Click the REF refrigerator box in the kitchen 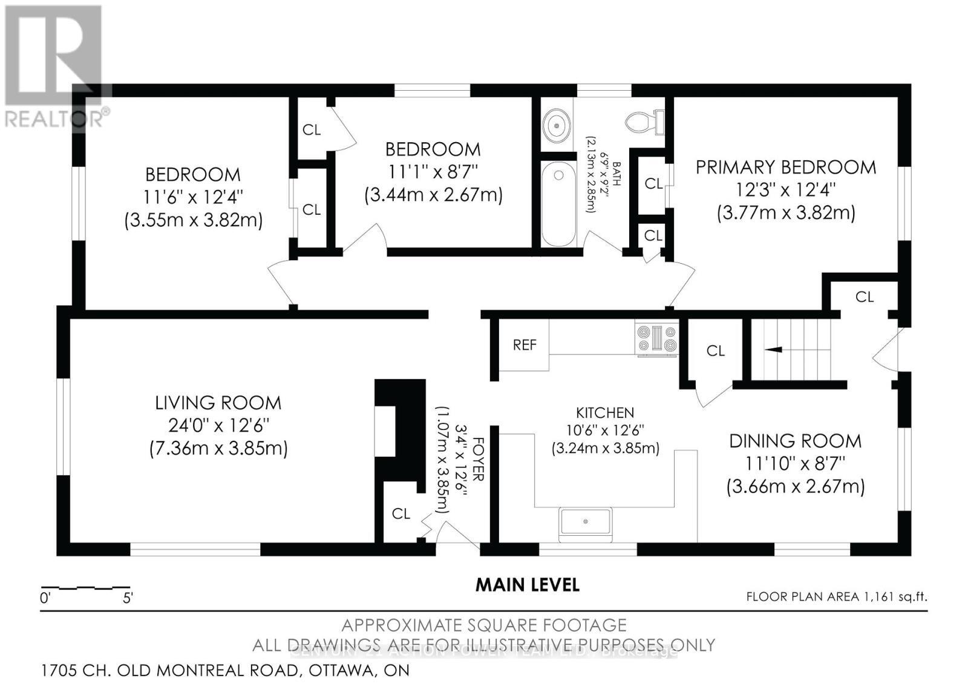click(524, 345)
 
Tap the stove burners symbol click(656, 339)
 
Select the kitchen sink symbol click(585, 521)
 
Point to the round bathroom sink click(556, 126)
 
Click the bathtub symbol click(558, 204)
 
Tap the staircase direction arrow click(773, 350)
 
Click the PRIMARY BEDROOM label click(785, 167)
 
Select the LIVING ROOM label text click(218, 402)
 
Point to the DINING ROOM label click(795, 441)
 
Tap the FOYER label click(478, 460)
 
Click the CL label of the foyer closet click(401, 514)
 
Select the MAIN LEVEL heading click(527, 585)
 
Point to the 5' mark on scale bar click(128, 598)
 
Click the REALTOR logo click(54, 67)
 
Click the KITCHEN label click(605, 412)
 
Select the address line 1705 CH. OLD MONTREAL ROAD click(225, 670)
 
